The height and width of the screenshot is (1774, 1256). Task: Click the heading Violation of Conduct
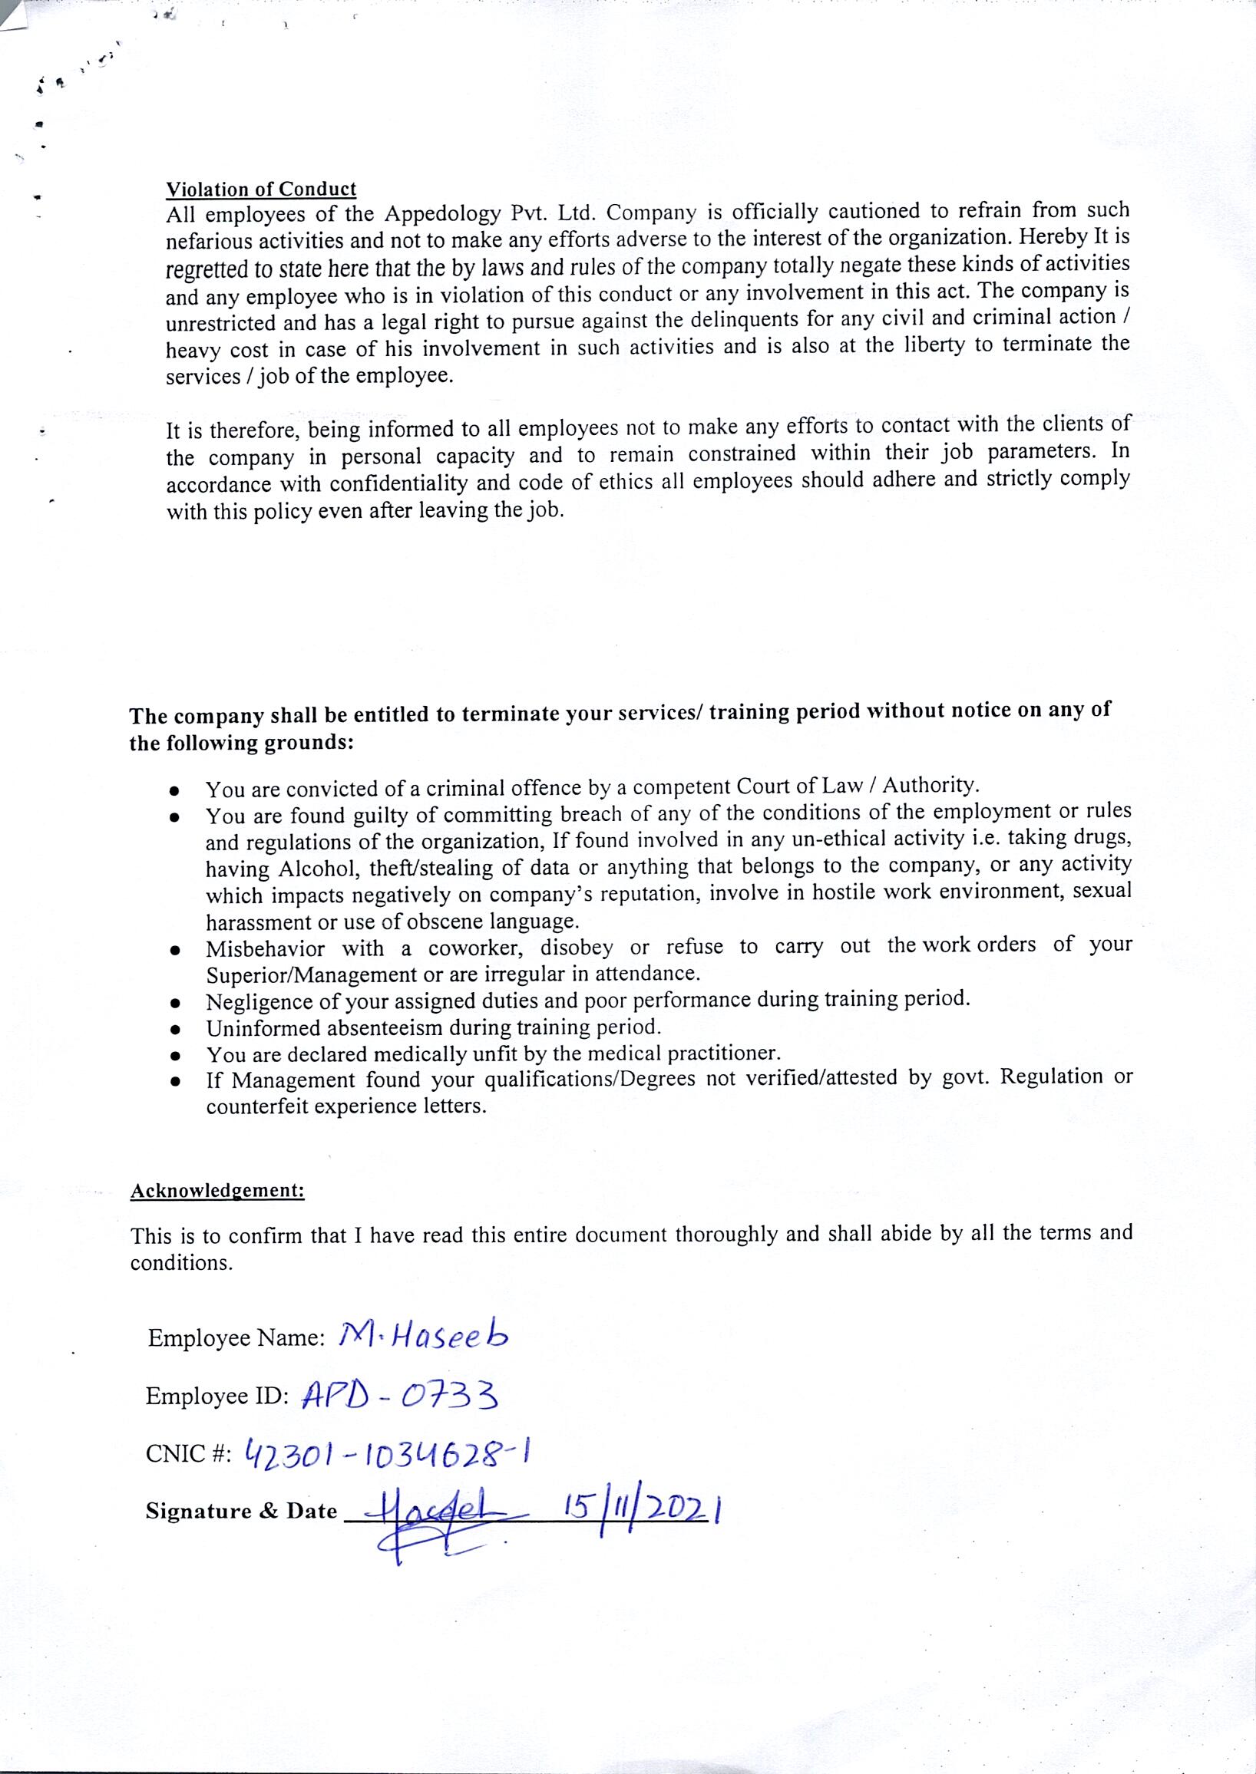[260, 190]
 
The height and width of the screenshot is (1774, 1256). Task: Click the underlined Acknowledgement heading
[217, 1190]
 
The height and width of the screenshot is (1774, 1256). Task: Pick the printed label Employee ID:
[216, 1396]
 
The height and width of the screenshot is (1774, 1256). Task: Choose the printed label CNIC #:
[188, 1456]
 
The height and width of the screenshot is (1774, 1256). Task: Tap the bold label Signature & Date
[241, 1511]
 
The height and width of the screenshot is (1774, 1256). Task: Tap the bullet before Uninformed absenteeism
[177, 1030]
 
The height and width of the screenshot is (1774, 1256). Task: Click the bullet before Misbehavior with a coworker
[177, 950]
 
